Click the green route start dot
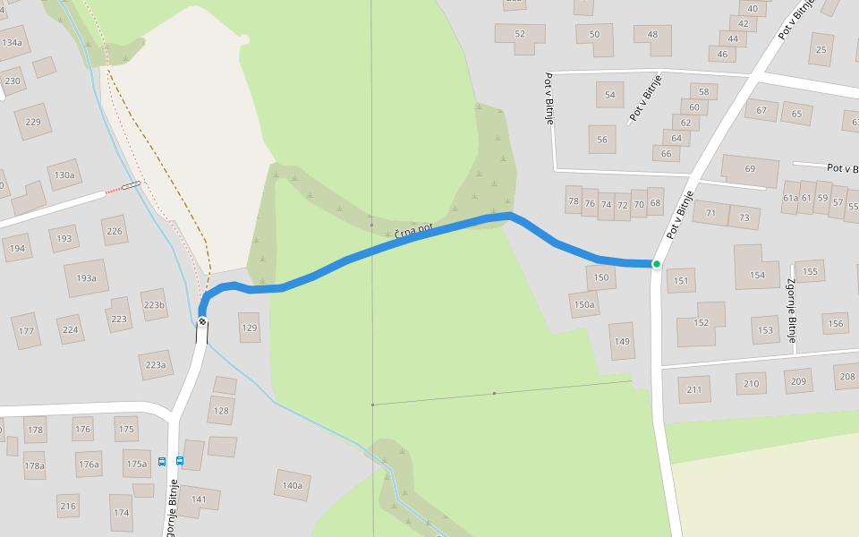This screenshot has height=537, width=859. [656, 264]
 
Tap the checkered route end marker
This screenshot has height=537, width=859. [203, 321]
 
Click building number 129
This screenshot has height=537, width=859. [250, 328]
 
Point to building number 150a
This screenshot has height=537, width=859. [584, 305]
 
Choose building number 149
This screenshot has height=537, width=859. [622, 341]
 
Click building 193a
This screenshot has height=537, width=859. [86, 278]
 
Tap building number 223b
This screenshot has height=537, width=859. [154, 305]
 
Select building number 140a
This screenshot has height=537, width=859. [293, 485]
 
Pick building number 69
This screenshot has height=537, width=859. [750, 169]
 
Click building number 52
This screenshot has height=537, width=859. [520, 34]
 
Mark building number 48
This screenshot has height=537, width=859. [652, 35]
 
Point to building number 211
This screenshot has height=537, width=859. [694, 389]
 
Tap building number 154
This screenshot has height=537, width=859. [758, 275]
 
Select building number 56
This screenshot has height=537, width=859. [602, 140]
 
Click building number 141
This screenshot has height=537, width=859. [199, 499]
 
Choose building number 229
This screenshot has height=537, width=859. [34, 122]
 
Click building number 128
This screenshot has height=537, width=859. [220, 411]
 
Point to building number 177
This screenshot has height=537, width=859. [26, 331]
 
